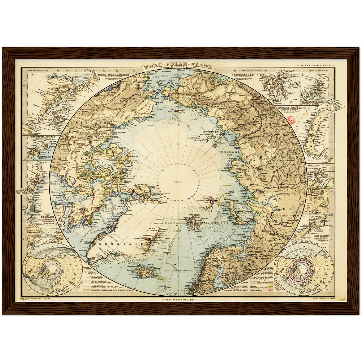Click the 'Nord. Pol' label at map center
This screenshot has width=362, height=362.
(178, 182)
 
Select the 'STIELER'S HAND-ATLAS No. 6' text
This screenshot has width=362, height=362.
(316, 66)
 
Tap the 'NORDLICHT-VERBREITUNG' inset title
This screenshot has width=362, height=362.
(304, 243)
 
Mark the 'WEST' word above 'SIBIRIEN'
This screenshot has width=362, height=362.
(284, 209)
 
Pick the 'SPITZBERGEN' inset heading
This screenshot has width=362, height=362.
(242, 75)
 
